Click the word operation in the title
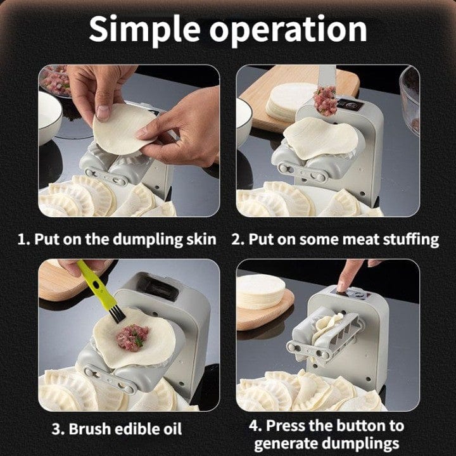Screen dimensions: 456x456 click(289, 30)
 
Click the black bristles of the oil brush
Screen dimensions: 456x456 click(116, 311)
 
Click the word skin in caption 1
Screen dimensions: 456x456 click(199, 239)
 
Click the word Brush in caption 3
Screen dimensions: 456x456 click(94, 429)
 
